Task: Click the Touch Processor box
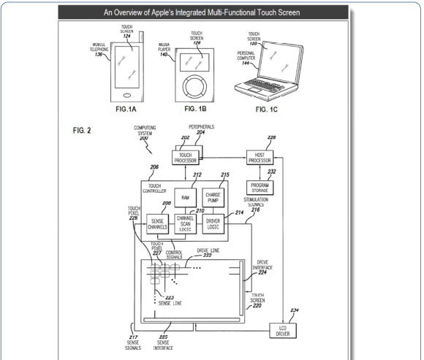tap(186, 158)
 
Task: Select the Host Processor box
tap(260, 158)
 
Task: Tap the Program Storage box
tap(260, 188)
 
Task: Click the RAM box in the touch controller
tap(185, 198)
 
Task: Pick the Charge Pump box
tap(213, 198)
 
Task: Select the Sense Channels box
tap(157, 224)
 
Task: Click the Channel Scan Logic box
tap(185, 224)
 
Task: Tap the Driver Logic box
tap(213, 224)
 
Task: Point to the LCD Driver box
tap(283, 331)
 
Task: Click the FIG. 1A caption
tap(126, 109)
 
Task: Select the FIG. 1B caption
tap(195, 109)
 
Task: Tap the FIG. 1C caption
tap(266, 110)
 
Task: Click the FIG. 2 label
tap(82, 131)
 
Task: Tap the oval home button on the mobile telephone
tap(127, 95)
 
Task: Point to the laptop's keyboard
tap(263, 85)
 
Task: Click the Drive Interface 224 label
tap(262, 267)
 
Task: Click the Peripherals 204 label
tap(201, 129)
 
